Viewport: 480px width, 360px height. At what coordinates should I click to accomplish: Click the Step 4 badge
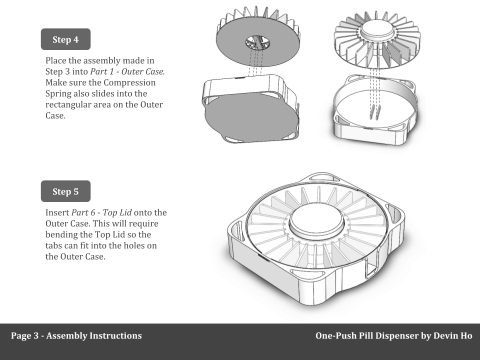(x=65, y=39)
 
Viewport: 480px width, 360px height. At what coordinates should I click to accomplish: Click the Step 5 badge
(x=65, y=191)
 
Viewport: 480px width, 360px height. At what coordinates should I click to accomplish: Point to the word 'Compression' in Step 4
(x=128, y=82)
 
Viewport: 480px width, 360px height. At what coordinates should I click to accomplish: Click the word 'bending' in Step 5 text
(x=62, y=234)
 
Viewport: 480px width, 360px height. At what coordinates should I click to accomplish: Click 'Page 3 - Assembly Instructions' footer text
(x=76, y=335)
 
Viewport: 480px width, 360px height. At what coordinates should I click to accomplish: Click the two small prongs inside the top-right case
(x=375, y=112)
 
